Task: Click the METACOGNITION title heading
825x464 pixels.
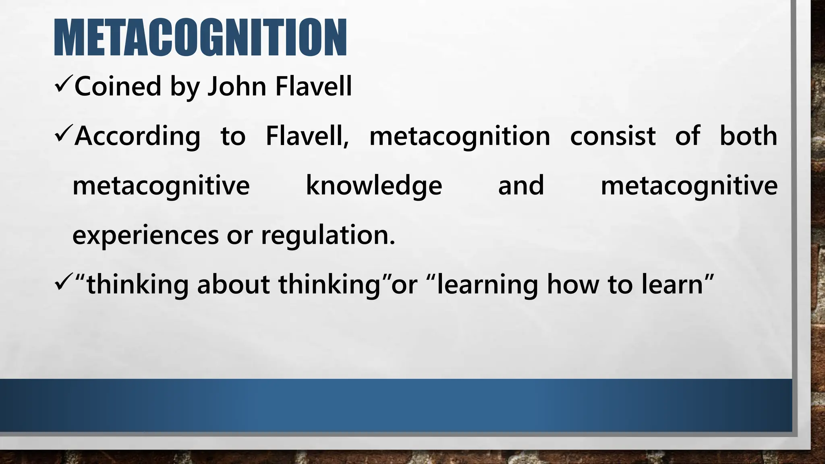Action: [200, 37]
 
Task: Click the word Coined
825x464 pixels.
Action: [118, 86]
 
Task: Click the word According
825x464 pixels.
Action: [137, 137]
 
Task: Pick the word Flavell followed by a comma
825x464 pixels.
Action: [307, 136]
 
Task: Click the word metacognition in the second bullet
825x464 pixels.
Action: [460, 136]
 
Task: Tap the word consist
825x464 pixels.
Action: [613, 136]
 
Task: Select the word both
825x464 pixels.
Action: [748, 136]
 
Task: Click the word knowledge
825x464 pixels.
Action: [374, 186]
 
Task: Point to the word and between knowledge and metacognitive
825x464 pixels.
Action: [521, 185]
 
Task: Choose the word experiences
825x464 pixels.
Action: [145, 236]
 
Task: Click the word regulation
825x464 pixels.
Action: [328, 236]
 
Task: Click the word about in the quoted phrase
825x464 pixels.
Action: [233, 284]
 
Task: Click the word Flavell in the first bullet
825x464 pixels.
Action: [313, 86]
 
